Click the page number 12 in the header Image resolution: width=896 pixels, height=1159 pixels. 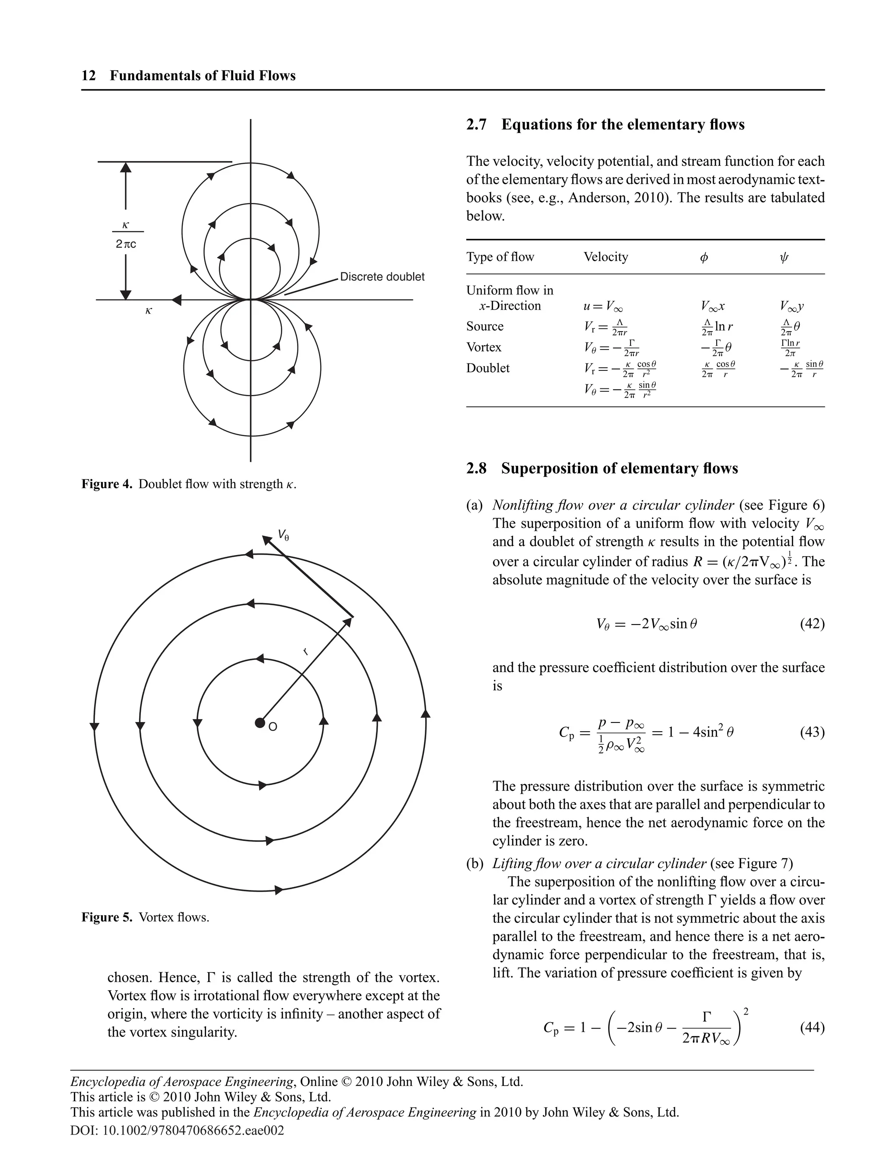(89, 76)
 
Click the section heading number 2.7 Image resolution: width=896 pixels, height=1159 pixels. (476, 125)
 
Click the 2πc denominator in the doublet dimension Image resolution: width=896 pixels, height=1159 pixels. (126, 244)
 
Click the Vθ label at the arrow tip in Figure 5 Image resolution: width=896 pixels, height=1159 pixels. (284, 535)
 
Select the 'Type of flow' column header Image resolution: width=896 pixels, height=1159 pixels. (500, 257)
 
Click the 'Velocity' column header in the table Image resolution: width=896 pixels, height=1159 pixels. (605, 257)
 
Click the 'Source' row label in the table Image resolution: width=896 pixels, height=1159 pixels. (485, 326)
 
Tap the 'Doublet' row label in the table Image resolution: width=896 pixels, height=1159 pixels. (487, 368)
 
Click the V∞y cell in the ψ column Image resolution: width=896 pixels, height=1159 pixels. (791, 306)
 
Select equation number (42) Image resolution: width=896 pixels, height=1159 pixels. (812, 624)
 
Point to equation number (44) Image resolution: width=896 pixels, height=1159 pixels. (812, 1027)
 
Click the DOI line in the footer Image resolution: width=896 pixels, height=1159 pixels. (177, 1130)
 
